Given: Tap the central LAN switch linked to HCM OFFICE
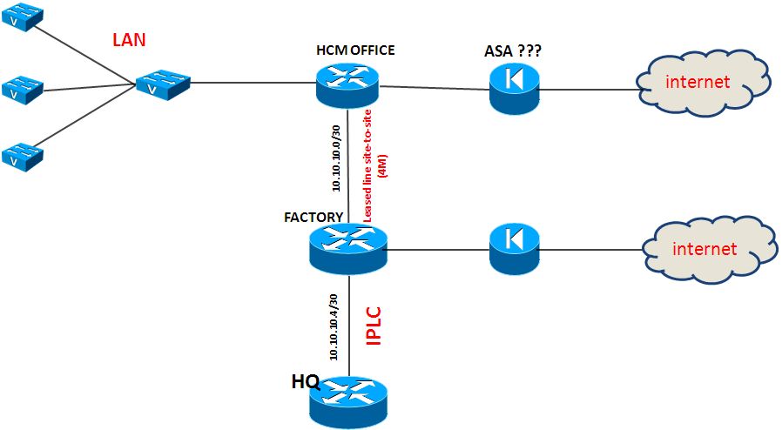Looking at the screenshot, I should pos(163,84).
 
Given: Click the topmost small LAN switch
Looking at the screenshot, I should pos(22,19).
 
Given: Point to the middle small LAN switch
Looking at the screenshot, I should pos(22,87).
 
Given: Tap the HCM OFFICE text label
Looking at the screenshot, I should pos(354,50).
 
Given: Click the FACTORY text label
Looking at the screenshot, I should pos(313,215).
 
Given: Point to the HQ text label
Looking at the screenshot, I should pos(306,380).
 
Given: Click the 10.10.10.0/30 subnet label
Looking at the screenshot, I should pos(335,156).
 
